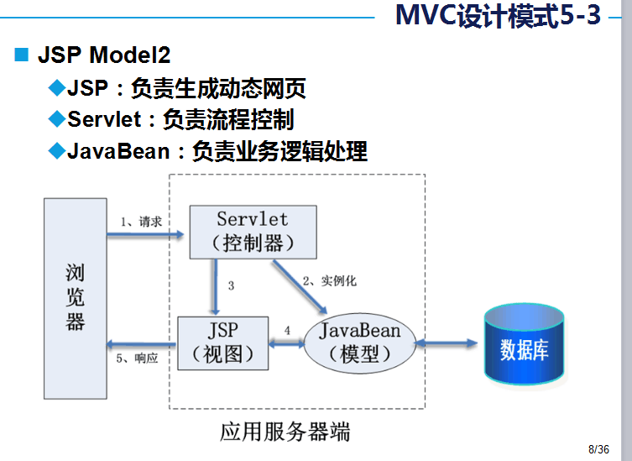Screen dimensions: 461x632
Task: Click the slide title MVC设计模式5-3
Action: (497, 17)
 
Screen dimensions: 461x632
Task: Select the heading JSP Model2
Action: (104, 56)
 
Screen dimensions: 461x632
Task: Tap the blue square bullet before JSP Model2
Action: (22, 56)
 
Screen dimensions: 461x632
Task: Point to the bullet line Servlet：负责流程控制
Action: (180, 119)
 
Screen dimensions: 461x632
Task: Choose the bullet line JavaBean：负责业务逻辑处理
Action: (217, 151)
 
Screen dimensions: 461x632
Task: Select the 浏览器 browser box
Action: (76, 298)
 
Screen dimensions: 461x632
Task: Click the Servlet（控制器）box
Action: (253, 232)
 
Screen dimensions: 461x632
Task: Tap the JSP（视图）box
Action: (223, 343)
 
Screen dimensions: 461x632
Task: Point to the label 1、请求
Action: (140, 221)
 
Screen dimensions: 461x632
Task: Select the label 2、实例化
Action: (329, 280)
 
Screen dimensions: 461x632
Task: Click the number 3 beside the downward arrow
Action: (231, 286)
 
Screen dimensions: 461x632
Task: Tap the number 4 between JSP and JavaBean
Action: (287, 331)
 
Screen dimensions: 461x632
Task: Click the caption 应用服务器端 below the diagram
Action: (285, 432)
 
